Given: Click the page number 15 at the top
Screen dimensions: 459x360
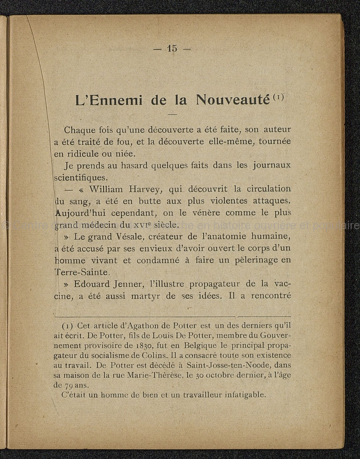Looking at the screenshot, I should (172, 48).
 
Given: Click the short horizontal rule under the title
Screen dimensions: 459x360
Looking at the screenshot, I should (172, 114).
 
